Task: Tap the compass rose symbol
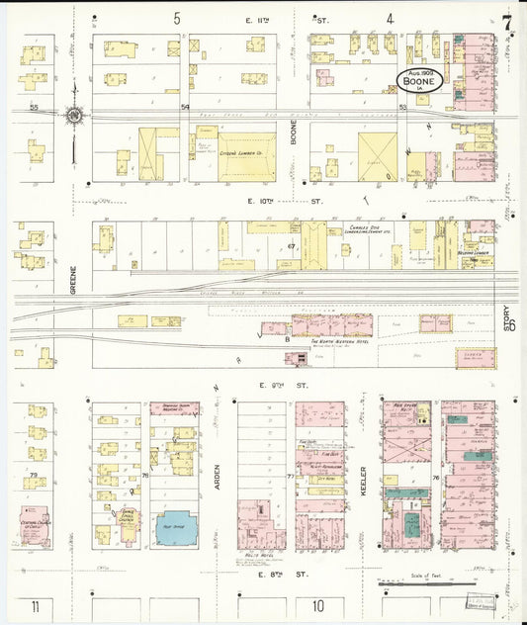point(74,116)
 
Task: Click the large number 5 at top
point(178,18)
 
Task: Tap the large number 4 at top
point(391,18)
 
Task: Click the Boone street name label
point(294,140)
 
